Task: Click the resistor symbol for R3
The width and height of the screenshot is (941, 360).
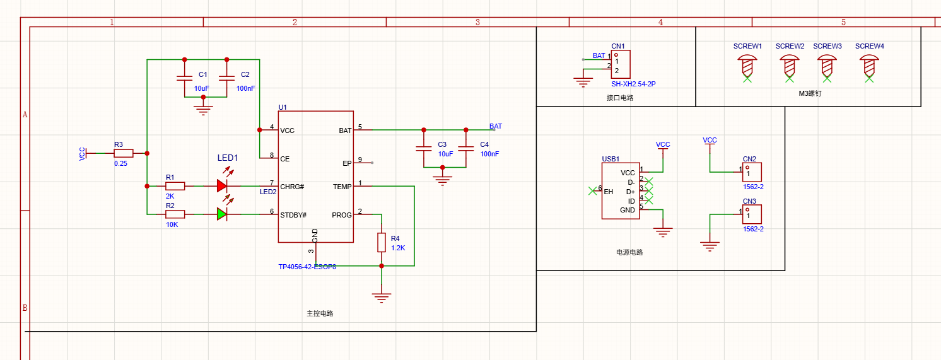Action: tap(124, 153)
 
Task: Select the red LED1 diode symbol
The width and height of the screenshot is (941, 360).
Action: tap(222, 185)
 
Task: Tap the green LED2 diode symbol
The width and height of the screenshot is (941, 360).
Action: tap(222, 214)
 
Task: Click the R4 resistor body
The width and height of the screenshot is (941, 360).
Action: tap(382, 242)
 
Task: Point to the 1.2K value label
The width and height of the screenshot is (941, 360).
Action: tap(398, 248)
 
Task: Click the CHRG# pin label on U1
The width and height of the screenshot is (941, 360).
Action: tap(292, 187)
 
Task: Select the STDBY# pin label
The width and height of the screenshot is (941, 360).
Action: tap(293, 215)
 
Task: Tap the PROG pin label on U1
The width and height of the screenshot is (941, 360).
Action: tap(342, 215)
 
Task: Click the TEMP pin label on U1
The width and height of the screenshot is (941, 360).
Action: tap(342, 187)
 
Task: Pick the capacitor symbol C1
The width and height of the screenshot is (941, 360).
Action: tap(184, 78)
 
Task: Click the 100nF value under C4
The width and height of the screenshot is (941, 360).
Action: tap(489, 154)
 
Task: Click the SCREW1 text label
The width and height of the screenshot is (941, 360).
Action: tap(747, 46)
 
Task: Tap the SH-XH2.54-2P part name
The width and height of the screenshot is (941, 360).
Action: tap(633, 84)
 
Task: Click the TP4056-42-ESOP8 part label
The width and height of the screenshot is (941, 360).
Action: tap(307, 267)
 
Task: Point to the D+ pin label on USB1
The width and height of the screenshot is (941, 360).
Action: tap(631, 192)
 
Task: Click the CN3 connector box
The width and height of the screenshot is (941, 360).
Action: tap(752, 214)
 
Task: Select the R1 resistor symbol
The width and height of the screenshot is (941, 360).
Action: tap(175, 186)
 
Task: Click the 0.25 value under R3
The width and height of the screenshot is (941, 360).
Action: tap(120, 163)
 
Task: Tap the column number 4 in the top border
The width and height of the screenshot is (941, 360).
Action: tap(660, 22)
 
